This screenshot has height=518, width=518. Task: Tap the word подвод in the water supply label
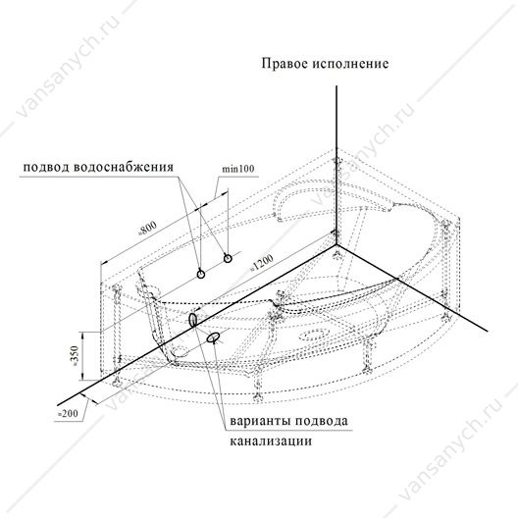click(x=45, y=167)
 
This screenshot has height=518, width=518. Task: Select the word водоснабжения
click(x=124, y=167)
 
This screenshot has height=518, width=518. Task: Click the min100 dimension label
click(x=237, y=169)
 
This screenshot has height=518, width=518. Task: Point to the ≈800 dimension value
click(x=147, y=228)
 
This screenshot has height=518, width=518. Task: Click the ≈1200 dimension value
click(x=261, y=263)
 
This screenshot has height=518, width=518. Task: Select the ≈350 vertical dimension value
click(x=75, y=355)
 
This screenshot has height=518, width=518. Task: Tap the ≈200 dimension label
click(x=68, y=414)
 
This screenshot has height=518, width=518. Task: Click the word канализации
click(x=271, y=441)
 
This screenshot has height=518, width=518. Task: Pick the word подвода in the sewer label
click(x=321, y=422)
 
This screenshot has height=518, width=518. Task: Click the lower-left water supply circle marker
click(x=200, y=274)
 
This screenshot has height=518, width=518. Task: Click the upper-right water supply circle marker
click(x=228, y=258)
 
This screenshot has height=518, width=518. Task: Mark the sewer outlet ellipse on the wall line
click(x=192, y=320)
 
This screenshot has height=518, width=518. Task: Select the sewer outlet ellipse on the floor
click(x=213, y=337)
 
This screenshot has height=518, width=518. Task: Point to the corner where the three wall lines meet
click(x=337, y=245)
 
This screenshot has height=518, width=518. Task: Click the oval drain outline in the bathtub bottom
click(x=314, y=335)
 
